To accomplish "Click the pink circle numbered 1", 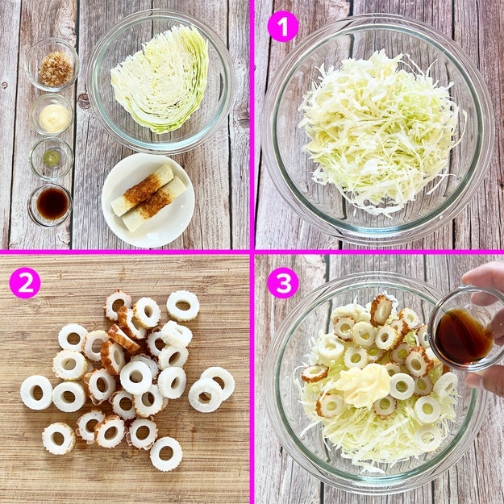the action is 283,26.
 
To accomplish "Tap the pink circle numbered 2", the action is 25,283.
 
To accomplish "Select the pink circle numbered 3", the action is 283,283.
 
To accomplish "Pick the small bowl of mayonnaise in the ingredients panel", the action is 52,115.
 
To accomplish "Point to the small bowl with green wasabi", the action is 52,158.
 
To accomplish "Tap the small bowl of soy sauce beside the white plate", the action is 51,205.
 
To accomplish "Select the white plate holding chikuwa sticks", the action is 148,201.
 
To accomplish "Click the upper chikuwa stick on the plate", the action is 143,190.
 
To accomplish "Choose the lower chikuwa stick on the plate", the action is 154,204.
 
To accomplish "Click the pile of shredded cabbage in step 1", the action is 381,131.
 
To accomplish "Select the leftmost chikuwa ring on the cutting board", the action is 36,393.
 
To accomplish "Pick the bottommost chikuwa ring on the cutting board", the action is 166,454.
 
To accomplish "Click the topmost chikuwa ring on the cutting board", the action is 183,306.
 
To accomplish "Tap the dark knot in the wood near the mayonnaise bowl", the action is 84,101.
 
